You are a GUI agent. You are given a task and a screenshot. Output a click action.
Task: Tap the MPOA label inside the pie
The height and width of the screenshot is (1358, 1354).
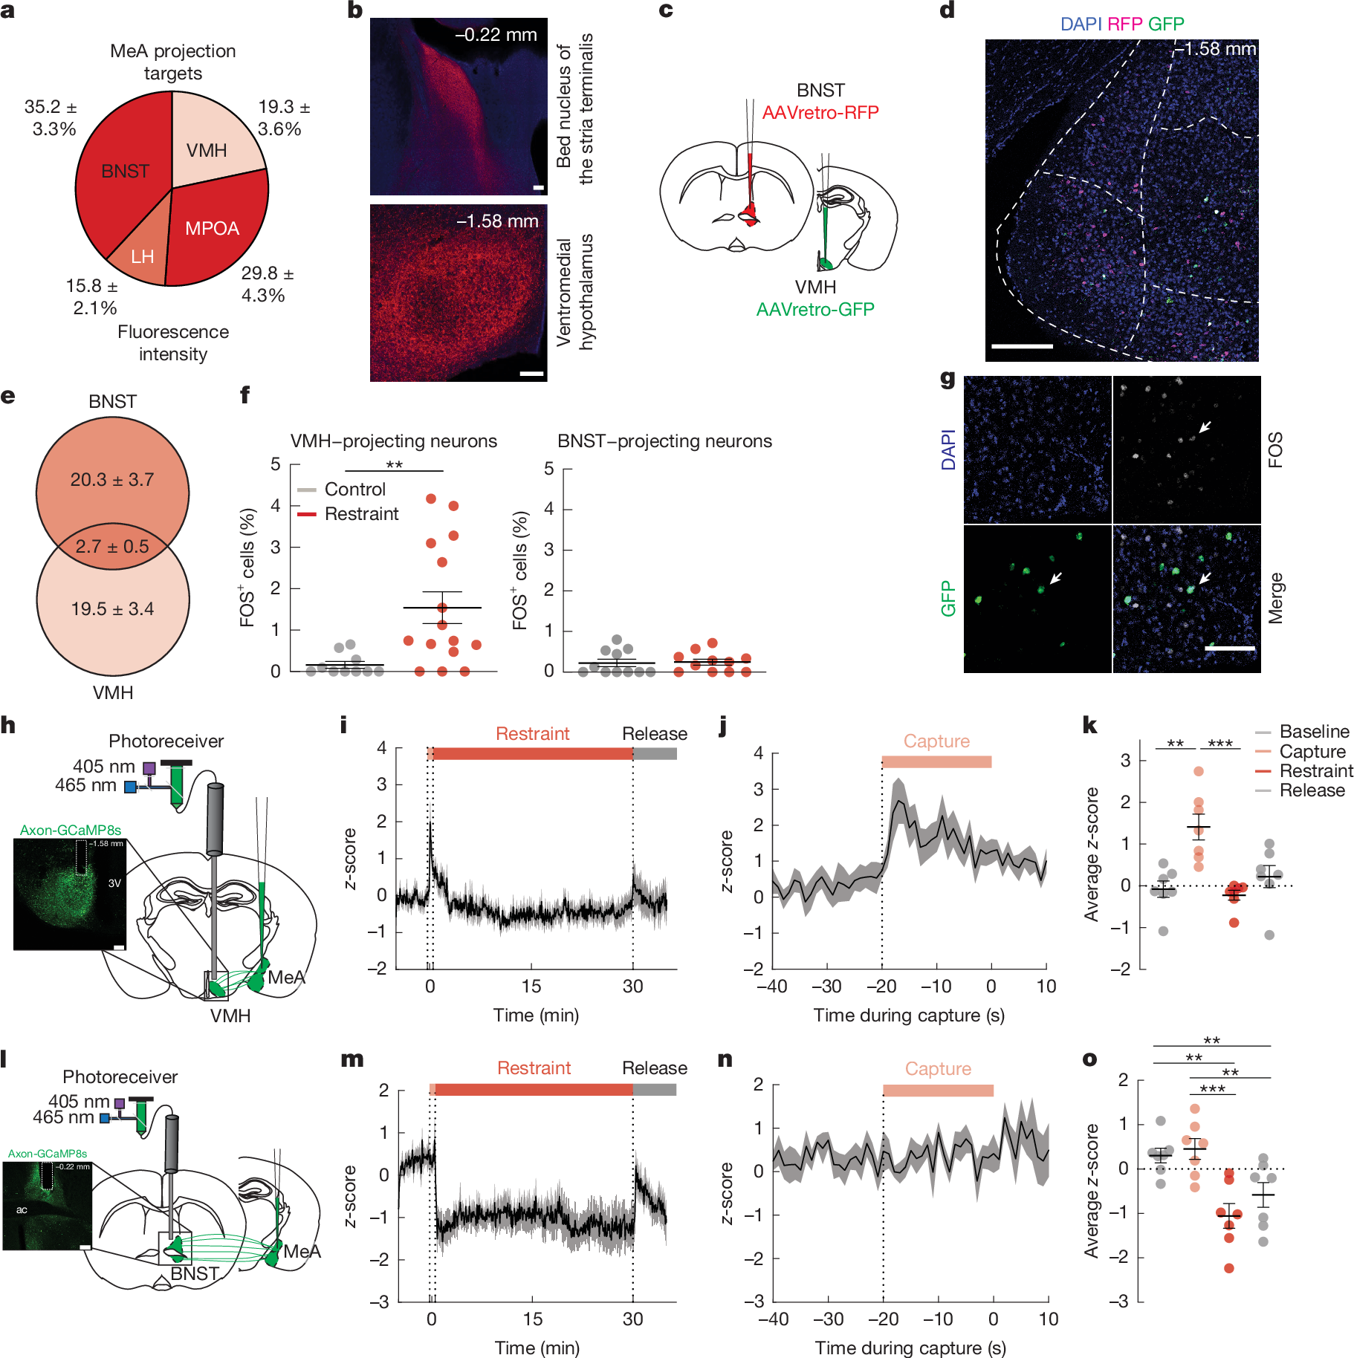212,228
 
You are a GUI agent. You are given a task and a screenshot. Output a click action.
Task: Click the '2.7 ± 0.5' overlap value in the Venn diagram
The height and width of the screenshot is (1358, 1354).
112,547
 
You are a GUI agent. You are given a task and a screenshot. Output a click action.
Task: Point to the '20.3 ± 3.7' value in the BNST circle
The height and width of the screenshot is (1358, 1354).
112,480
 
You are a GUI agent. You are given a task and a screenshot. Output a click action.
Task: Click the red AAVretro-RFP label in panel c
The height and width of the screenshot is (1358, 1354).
820,112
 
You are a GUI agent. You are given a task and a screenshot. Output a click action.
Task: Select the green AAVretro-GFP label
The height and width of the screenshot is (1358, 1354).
815,309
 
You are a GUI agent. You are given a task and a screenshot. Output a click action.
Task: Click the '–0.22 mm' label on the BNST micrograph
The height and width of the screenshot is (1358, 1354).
496,35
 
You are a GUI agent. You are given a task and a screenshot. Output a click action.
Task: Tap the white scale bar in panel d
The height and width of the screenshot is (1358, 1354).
1022,346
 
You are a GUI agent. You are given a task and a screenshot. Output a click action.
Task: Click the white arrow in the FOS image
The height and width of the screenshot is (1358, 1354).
1205,426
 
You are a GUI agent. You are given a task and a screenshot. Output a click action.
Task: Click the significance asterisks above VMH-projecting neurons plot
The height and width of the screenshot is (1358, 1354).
394,465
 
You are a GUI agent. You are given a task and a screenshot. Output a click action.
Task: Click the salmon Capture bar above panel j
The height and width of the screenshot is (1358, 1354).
936,761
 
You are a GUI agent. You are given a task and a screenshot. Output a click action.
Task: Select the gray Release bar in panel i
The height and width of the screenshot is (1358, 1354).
655,754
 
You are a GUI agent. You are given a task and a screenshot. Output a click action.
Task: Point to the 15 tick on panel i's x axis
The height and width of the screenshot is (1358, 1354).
531,987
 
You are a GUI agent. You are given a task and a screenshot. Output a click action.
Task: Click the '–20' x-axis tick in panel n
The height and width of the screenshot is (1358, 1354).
883,1319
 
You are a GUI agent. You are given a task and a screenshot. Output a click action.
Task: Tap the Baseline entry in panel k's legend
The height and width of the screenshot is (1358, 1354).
1314,732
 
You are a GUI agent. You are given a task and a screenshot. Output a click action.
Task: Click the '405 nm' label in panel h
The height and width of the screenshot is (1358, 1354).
104,766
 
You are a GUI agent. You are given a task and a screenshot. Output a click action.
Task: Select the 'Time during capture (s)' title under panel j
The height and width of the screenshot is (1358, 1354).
909,1016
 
